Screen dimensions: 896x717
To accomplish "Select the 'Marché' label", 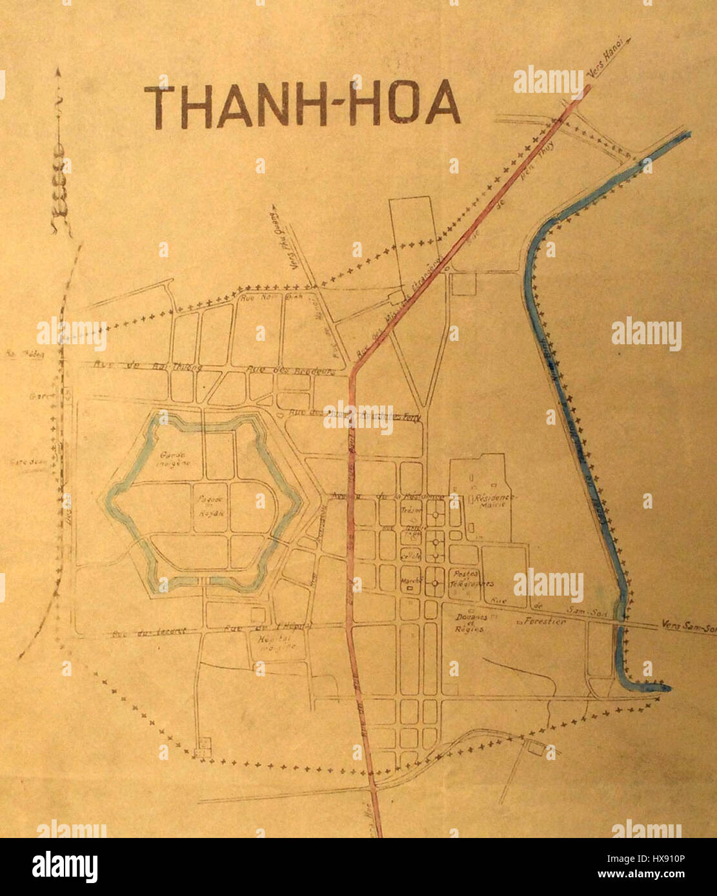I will [412, 579].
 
